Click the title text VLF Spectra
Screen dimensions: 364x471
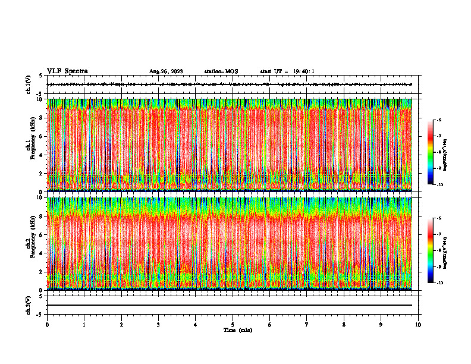[67, 71]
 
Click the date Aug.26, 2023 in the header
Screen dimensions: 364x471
[166, 72]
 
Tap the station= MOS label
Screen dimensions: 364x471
[221, 72]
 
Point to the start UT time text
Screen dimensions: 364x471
[287, 72]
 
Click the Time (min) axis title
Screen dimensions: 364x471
[237, 330]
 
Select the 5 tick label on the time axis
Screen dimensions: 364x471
[233, 325]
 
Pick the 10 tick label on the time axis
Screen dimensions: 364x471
[418, 325]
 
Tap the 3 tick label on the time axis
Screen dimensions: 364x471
[158, 325]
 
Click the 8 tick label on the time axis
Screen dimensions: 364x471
[344, 325]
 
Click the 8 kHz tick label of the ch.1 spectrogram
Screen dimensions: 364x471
[42, 118]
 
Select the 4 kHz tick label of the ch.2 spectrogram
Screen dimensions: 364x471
[42, 253]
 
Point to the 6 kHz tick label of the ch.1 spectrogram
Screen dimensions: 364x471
[42, 136]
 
